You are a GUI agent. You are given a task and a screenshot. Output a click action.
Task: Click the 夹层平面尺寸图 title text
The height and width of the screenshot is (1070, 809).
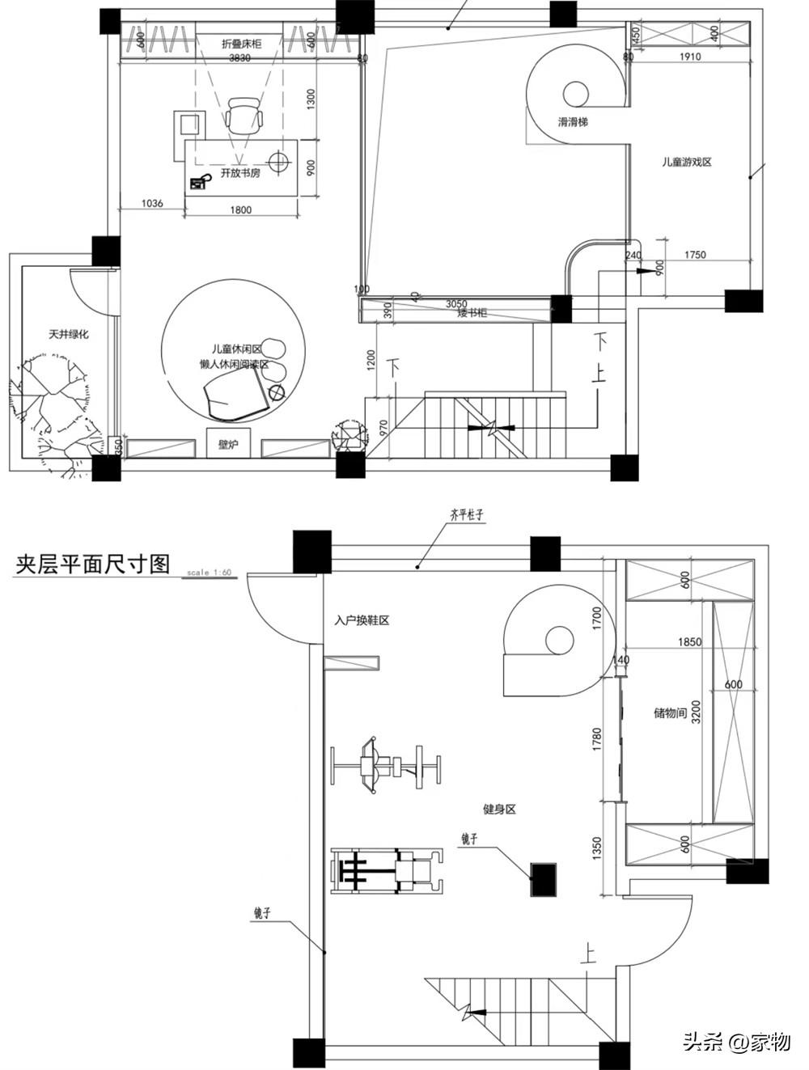92,564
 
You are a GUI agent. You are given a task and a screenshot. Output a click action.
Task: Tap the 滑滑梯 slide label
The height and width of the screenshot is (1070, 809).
573,123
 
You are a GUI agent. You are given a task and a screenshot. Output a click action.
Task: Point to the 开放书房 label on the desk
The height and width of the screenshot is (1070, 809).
240,173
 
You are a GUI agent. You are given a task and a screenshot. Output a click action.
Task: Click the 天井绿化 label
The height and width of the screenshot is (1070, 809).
68,334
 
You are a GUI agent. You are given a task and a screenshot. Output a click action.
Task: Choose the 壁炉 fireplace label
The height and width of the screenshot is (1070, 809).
229,445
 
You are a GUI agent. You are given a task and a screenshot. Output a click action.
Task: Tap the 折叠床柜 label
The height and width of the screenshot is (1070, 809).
241,44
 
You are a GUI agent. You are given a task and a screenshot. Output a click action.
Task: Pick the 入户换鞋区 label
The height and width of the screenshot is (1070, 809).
362,621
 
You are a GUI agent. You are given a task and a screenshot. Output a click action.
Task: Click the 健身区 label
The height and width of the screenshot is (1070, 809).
498,809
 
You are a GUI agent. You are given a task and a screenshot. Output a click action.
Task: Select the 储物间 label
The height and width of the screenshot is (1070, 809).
670,713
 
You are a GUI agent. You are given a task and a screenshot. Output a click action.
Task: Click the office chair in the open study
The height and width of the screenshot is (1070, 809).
244,116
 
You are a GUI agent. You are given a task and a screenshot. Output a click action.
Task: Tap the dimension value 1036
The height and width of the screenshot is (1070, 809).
151,203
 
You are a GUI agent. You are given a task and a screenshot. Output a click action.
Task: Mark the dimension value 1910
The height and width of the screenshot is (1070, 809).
690,57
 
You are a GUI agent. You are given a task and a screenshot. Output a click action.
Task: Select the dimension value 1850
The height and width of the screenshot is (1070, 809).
689,642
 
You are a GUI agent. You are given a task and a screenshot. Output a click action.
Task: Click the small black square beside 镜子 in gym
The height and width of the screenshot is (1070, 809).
543,879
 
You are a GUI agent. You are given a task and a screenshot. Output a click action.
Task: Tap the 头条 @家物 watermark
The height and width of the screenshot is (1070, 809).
736,1041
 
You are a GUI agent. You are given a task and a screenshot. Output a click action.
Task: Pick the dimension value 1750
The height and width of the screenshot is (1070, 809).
695,255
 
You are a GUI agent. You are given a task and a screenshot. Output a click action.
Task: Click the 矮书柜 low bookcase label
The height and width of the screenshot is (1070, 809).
471,313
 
